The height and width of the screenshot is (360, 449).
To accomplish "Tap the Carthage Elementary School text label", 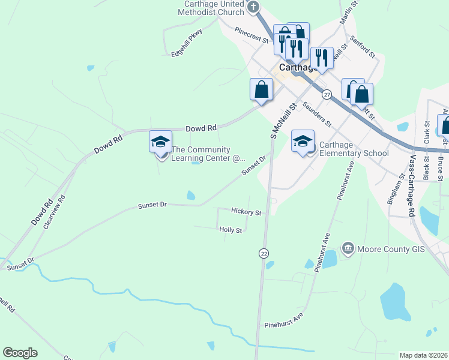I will coord(354,149).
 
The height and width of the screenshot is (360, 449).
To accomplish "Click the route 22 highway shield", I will coord(264,254).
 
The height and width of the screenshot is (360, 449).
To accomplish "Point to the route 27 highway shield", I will coord(326,95).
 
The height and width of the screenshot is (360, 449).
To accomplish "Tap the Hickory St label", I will coord(246,212).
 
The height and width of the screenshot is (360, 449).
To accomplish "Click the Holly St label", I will coord(231,230).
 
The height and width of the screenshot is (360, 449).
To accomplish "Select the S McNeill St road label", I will coord(283,121).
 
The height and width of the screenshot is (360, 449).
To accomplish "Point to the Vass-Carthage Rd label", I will coord(412,185).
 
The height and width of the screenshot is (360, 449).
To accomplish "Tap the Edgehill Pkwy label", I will coord(187,43).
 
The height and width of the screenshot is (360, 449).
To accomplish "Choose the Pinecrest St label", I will coord(252,35).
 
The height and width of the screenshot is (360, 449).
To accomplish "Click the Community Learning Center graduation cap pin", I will coord(160,142).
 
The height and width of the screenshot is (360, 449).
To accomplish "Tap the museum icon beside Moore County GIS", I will coord(348,248).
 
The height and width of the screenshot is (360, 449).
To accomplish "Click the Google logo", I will coord(20,353).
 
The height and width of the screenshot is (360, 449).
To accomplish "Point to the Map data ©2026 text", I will coord(423,355).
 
